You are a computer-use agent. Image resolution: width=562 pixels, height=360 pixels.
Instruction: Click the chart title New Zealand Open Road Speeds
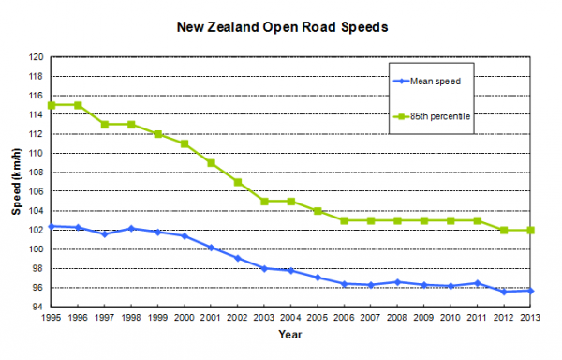(x=283, y=27)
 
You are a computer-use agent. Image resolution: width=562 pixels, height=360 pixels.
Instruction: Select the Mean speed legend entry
(x=427, y=82)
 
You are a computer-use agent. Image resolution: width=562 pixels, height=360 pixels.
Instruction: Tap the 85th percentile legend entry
(x=432, y=116)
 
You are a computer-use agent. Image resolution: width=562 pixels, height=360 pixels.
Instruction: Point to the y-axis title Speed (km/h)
(x=17, y=182)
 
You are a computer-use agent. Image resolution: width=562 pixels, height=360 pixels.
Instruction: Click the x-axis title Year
(x=290, y=335)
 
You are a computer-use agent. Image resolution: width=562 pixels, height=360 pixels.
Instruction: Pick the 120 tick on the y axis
(x=36, y=57)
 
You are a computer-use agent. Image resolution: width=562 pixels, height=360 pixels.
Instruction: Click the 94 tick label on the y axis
(x=38, y=307)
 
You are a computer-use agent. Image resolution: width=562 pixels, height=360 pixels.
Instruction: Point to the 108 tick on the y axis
(x=36, y=172)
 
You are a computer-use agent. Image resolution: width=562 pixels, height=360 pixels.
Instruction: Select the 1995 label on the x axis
(x=52, y=318)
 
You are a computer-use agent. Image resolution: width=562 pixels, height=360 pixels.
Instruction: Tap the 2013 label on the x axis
(x=530, y=318)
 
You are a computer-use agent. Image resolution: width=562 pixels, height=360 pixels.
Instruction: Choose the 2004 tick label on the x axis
(x=290, y=318)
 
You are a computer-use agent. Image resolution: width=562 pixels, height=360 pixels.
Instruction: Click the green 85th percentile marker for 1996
(x=78, y=105)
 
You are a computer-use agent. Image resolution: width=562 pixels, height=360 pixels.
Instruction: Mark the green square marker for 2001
(x=211, y=163)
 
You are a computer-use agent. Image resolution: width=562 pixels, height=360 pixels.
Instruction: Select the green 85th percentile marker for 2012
(x=504, y=231)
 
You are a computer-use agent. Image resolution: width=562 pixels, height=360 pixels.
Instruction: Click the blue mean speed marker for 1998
(x=131, y=229)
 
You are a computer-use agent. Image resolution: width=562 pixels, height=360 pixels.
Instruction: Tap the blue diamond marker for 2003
(x=264, y=268)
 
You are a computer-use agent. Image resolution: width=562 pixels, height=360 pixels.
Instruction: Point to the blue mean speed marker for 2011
(x=478, y=283)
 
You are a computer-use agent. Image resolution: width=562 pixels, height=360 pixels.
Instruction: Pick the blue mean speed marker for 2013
(x=530, y=291)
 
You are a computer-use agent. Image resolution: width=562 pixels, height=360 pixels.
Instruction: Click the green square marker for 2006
(x=345, y=221)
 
